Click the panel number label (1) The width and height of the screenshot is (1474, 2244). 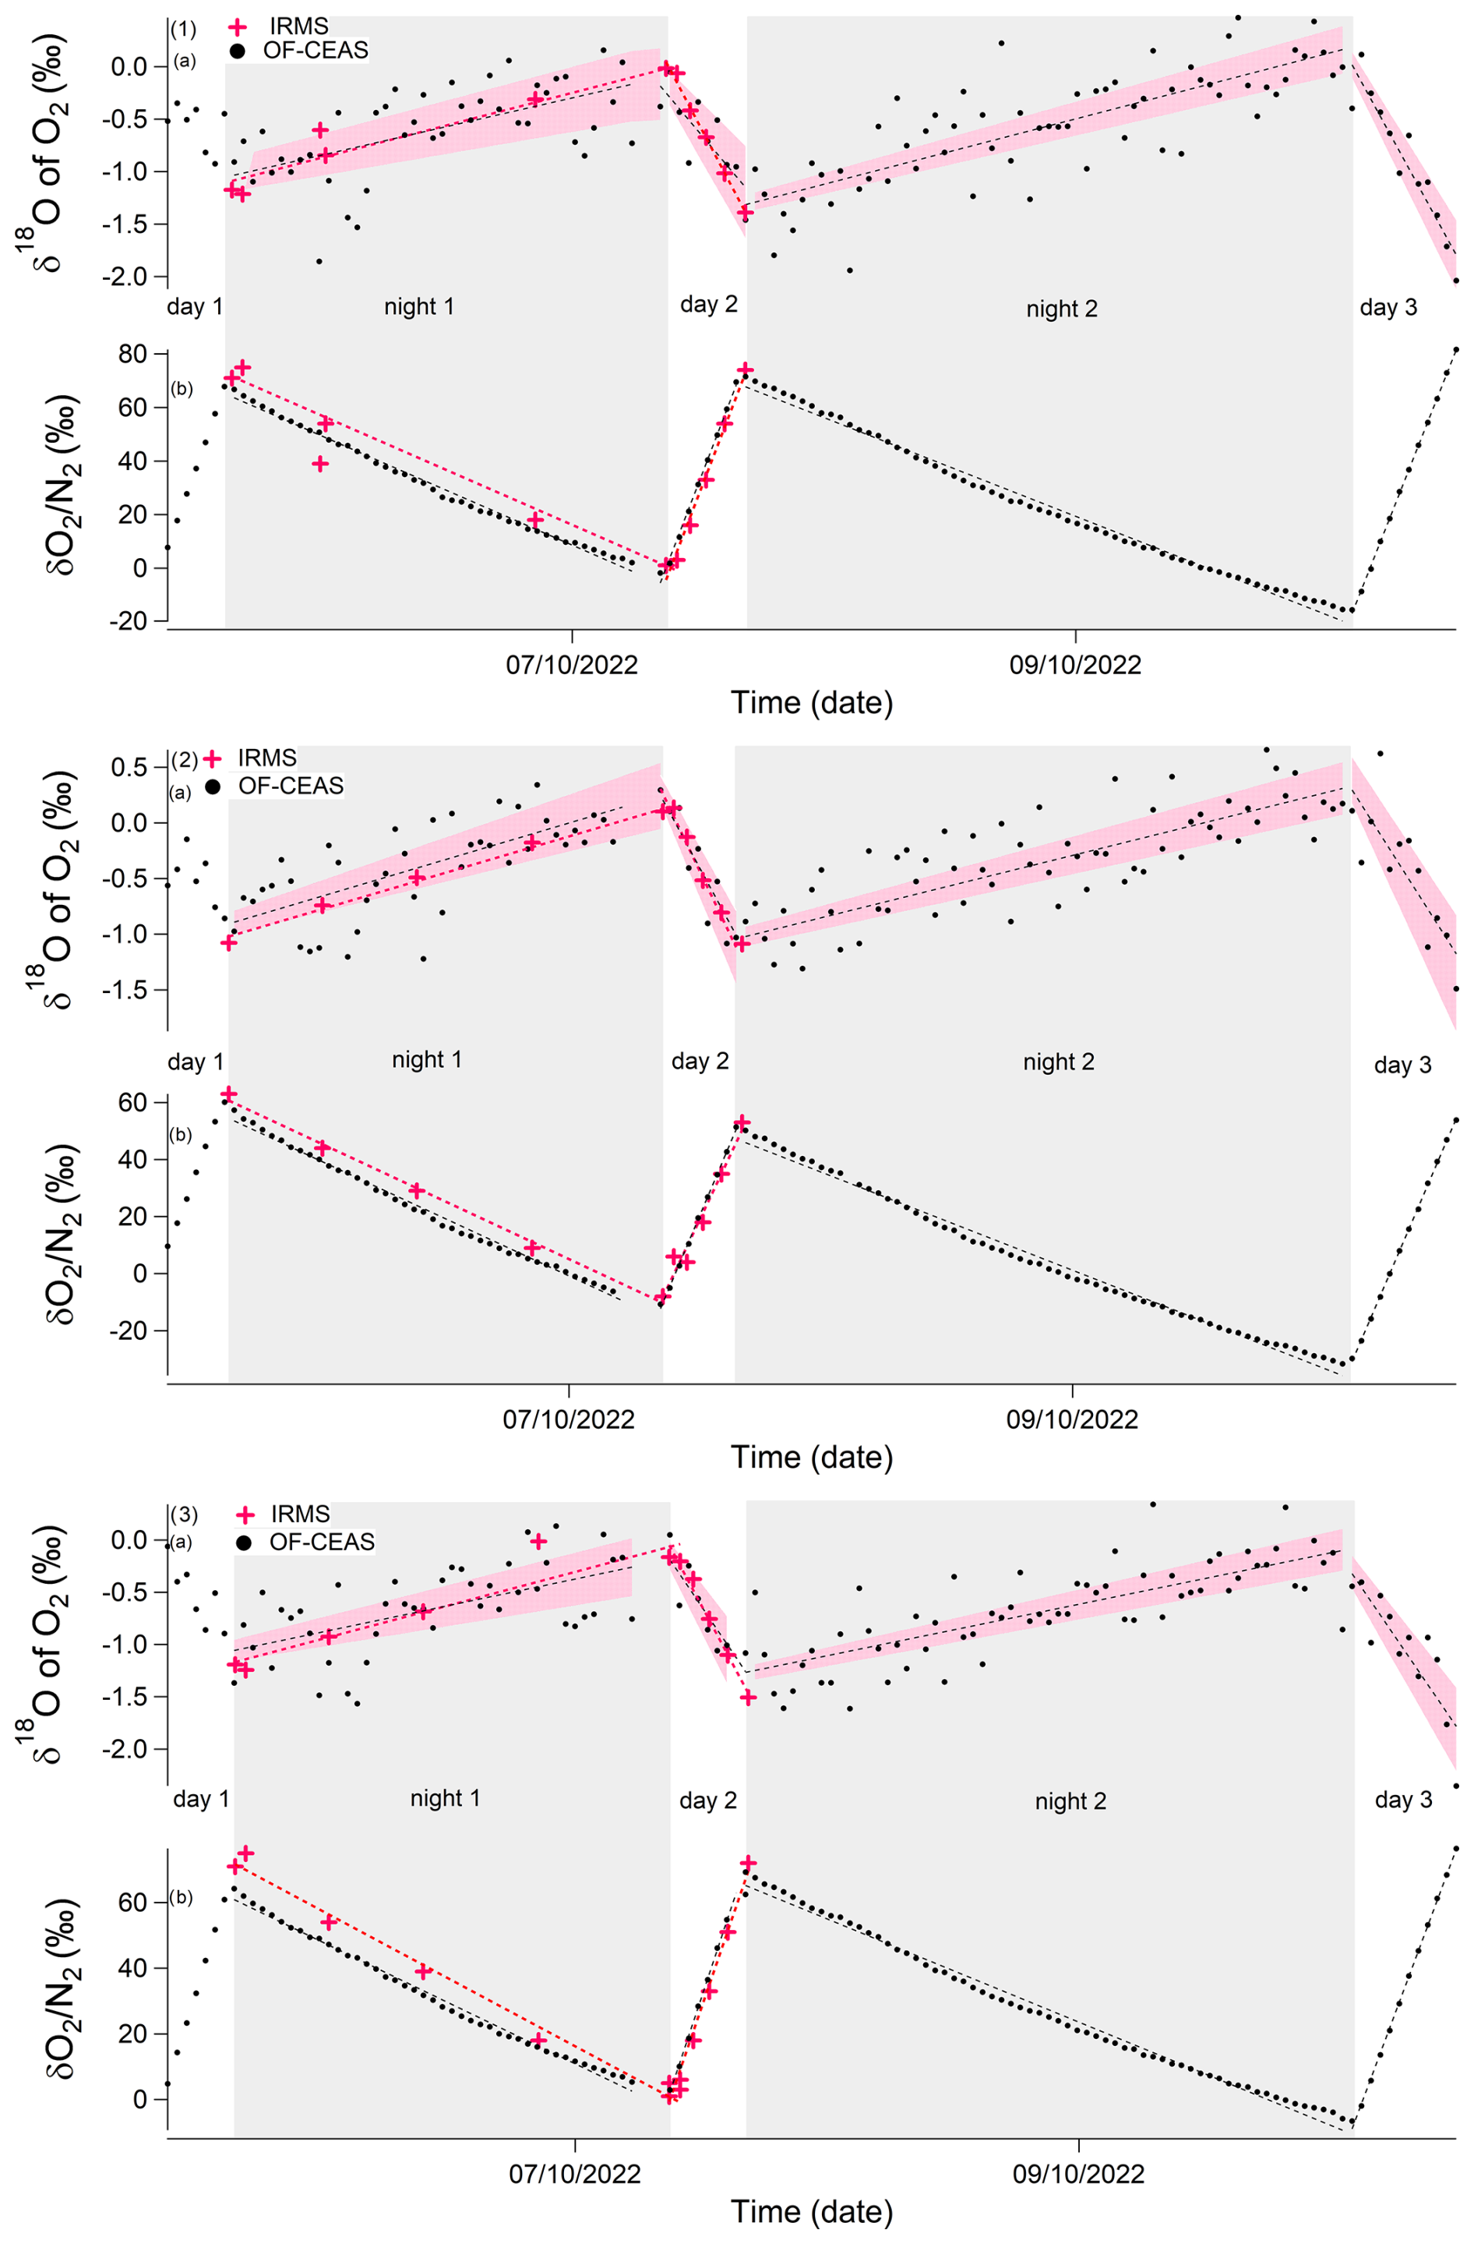(183, 29)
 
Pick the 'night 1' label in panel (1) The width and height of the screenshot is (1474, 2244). (418, 306)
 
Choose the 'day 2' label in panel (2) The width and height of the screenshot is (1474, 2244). (700, 1061)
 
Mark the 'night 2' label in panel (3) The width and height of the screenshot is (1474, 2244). (1070, 1801)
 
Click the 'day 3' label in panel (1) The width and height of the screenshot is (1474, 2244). (1388, 307)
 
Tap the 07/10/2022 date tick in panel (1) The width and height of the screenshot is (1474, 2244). (571, 666)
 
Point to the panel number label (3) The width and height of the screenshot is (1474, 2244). (184, 1515)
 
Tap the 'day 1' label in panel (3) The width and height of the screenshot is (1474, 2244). (201, 1798)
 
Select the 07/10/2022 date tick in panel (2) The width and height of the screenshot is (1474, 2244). (568, 1420)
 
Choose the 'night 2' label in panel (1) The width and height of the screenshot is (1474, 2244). (1061, 309)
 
